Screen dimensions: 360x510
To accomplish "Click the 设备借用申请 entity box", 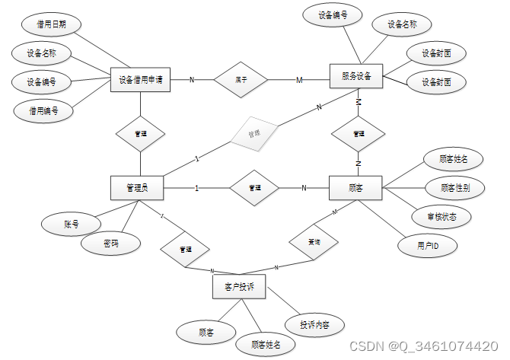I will click(x=141, y=79).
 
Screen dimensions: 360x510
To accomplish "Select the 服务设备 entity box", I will click(x=356, y=76).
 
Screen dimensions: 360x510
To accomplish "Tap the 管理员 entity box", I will click(x=139, y=187).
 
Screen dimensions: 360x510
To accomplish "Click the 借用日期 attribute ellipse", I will click(x=51, y=24).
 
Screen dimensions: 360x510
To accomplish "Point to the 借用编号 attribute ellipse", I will click(x=44, y=110).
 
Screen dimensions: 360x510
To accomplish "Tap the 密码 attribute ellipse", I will click(x=111, y=244).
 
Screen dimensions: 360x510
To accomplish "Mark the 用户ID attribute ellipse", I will click(x=427, y=245).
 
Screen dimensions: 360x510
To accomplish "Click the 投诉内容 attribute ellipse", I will click(x=314, y=325).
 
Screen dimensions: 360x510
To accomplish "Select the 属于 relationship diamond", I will click(x=241, y=79).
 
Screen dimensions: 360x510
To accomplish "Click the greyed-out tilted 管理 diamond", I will click(x=254, y=133).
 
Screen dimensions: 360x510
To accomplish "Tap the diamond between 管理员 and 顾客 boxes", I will click(x=255, y=187).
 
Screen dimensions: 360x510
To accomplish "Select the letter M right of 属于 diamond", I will click(x=299, y=80).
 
